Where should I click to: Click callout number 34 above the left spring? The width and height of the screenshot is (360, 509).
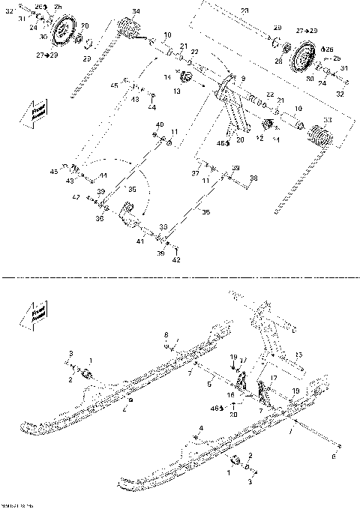click(x=135, y=11)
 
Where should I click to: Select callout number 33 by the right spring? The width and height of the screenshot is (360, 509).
click(x=326, y=120)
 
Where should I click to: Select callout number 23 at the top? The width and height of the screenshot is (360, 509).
click(x=244, y=10)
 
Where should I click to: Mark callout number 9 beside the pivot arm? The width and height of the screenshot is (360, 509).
click(x=242, y=78)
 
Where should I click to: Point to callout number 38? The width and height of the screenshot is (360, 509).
click(x=253, y=178)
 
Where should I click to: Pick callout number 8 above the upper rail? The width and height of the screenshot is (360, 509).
click(x=166, y=334)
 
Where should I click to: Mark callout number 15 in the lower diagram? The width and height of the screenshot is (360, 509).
click(x=297, y=354)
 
